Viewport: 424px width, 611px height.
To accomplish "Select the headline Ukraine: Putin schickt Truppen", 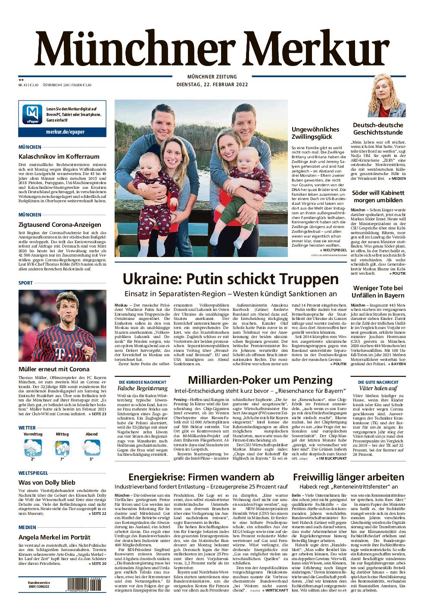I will click(x=224, y=279).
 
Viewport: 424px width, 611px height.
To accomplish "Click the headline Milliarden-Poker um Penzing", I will click(x=260, y=380).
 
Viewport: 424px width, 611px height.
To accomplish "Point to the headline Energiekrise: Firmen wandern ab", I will click(x=201, y=477).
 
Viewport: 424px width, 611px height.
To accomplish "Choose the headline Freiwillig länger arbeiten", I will click(x=348, y=477).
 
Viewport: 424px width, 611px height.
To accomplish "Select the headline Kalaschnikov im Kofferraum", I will click(x=59, y=157).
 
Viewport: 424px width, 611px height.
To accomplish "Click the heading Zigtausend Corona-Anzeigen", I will click(x=60, y=224).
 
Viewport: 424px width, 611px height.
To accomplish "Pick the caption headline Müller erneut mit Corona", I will click(x=54, y=369).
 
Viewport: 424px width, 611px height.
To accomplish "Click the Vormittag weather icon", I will click(x=33, y=448).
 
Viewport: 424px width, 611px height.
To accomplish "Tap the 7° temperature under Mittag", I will click(x=62, y=460).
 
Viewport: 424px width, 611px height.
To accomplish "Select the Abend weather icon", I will click(x=91, y=448).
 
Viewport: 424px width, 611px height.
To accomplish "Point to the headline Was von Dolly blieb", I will click(x=47, y=483).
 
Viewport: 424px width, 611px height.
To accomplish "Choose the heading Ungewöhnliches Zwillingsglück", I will click(x=315, y=133).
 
